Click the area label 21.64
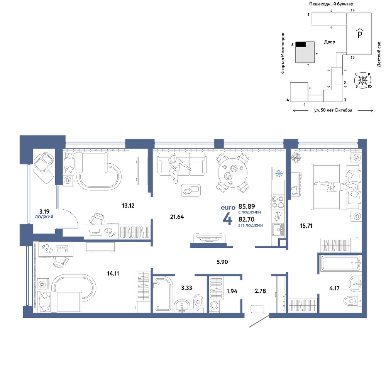pos(177,217)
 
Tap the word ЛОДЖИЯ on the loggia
pos(44,217)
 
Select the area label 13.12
pos(128,206)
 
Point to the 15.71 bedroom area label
pos(306,226)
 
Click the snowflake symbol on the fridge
pos(279,174)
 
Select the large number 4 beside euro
pos(227,218)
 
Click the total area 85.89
pos(247,206)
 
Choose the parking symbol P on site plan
pos(360,34)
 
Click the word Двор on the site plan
pos(329,42)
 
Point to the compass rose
pos(362,80)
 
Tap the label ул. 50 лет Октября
pos(333,110)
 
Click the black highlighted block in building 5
pos(301,44)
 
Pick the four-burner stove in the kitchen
pos(278,202)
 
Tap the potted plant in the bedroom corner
pos(296,157)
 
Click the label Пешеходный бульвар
pos(331,4)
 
